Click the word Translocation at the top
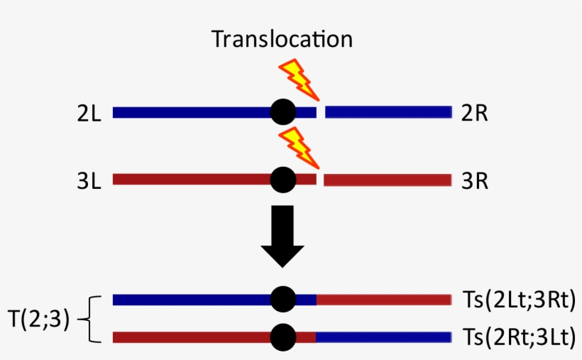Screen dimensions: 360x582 click(x=282, y=39)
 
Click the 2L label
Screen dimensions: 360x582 click(x=90, y=112)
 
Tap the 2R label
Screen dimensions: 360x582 click(x=474, y=112)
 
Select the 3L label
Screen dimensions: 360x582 click(x=90, y=180)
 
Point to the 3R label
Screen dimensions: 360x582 click(x=474, y=180)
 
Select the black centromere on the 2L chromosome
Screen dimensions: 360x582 click(x=283, y=111)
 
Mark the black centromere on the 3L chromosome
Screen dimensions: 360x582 click(x=283, y=180)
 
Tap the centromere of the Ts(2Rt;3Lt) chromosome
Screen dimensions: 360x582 click(x=283, y=336)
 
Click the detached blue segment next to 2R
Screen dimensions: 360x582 click(x=388, y=111)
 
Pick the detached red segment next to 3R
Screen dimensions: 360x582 click(x=388, y=180)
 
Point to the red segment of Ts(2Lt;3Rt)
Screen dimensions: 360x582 click(x=383, y=300)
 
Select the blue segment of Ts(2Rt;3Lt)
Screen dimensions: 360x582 click(x=383, y=336)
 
